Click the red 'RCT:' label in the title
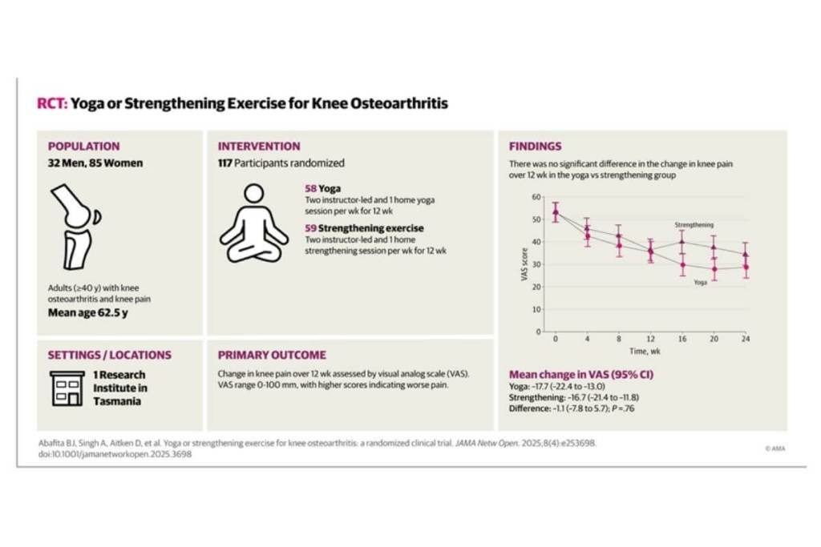[x=52, y=103]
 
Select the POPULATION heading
[x=84, y=147]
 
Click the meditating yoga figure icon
[x=253, y=223]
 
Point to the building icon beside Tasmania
[x=67, y=388]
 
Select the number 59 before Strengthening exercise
[x=301, y=228]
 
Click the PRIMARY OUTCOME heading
[x=272, y=355]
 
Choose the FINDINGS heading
[x=536, y=147]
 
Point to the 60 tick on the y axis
[x=536, y=197]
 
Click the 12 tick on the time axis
[x=650, y=339]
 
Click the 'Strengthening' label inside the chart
[x=694, y=225]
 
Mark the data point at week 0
[x=556, y=212]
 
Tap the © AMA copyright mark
[x=774, y=448]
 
